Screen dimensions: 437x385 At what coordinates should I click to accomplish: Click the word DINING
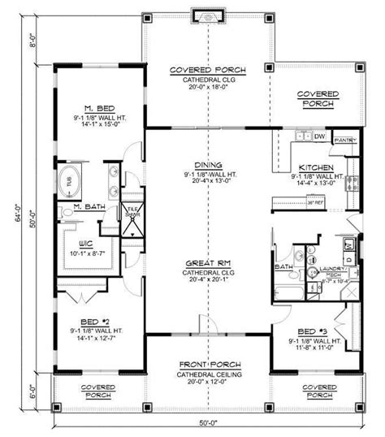click(x=209, y=162)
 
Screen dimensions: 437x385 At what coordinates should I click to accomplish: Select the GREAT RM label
click(x=209, y=265)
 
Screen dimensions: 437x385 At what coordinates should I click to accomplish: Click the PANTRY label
click(x=344, y=138)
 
